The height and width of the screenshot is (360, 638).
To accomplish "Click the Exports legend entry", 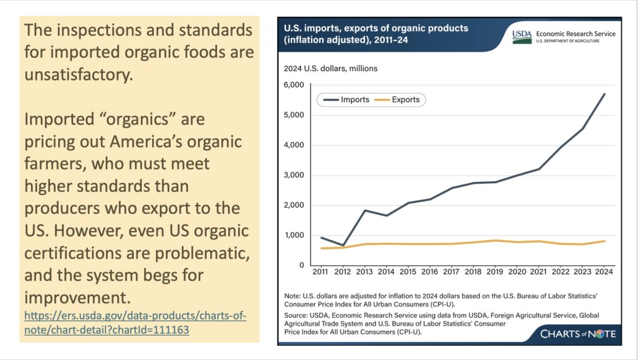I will click(405, 100).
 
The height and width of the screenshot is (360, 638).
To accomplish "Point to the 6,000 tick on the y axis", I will click(293, 85).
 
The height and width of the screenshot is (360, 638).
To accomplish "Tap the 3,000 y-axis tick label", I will click(293, 175).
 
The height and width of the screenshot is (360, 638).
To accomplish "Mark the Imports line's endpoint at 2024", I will click(604, 94).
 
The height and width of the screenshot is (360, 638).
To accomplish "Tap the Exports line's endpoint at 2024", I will click(604, 241).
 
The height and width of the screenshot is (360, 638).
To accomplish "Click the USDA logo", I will click(521, 36).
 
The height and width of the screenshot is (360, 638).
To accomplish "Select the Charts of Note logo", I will click(578, 334).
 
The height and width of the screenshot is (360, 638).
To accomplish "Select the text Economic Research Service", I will click(574, 33).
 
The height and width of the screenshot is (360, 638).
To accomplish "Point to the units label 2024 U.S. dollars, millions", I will click(331, 68).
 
